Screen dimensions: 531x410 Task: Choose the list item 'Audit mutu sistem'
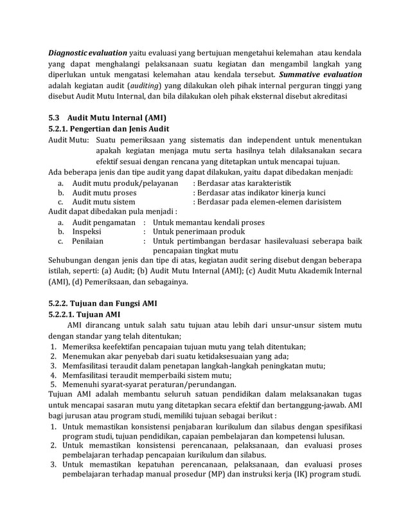103,203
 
